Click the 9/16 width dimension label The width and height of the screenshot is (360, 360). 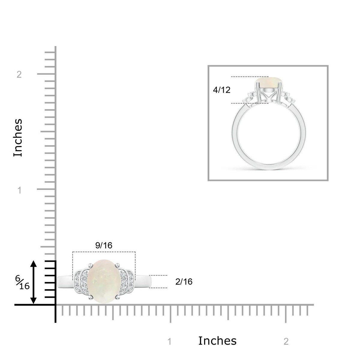point(104,245)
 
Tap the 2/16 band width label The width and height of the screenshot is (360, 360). point(184,281)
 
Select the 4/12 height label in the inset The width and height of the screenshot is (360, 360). point(222,90)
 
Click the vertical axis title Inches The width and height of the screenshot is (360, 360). point(18,138)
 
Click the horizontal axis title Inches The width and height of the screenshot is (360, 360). point(217,340)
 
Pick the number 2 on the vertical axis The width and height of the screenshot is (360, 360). point(19,74)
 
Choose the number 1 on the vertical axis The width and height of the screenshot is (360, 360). point(19,190)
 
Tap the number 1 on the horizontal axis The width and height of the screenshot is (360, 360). point(169,341)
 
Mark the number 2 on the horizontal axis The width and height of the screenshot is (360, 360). point(286,341)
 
